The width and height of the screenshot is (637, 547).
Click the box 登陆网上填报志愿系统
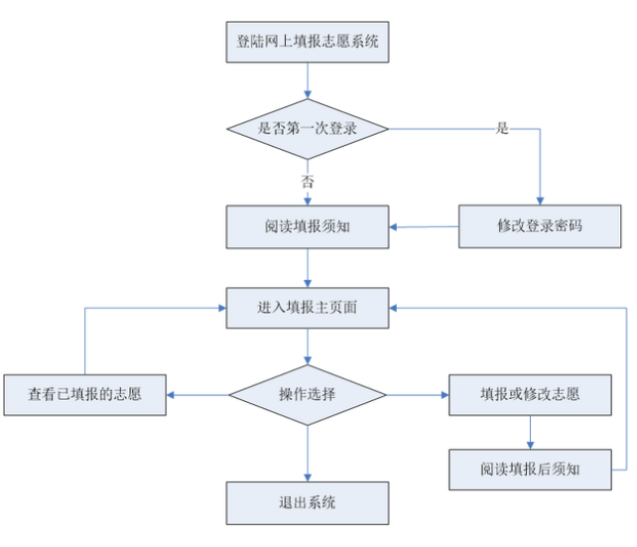coord(307,42)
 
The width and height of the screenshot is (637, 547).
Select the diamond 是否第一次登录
coord(307,128)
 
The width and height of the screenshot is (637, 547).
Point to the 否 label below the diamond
coord(308,182)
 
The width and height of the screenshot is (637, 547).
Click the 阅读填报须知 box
coord(307,226)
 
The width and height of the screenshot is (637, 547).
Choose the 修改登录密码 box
coord(540,226)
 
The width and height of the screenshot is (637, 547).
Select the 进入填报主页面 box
coord(307,308)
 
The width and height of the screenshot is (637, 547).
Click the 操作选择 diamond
coord(307,394)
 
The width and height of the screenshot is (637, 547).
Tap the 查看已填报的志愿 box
coord(85,394)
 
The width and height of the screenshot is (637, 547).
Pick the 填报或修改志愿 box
coord(530,394)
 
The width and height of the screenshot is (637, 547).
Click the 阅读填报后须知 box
coord(530,469)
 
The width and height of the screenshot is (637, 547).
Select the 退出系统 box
coord(307,502)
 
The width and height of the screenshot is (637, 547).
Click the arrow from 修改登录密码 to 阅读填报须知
coord(423,227)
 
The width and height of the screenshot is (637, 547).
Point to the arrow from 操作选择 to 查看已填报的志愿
coord(197,394)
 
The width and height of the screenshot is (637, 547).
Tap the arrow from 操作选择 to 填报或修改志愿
coord(417,394)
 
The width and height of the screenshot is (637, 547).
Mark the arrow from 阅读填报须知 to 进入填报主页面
coord(307,267)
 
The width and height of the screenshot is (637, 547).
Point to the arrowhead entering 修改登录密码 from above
coord(540,200)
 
